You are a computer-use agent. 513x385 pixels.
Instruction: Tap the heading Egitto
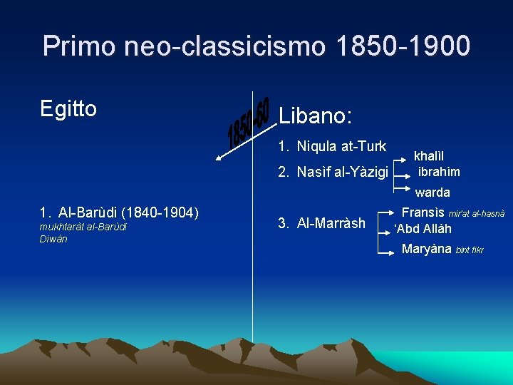(x=68, y=109)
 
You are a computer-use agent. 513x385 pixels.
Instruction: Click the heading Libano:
(x=316, y=115)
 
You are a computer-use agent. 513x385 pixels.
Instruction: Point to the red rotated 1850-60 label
(x=249, y=123)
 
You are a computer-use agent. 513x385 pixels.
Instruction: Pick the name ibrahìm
(x=439, y=172)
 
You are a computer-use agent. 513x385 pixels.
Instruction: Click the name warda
(x=432, y=192)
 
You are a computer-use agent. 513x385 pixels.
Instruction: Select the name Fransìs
(x=423, y=212)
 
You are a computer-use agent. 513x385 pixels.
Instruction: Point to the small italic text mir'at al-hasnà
(x=477, y=214)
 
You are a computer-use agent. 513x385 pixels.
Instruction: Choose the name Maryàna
(x=427, y=249)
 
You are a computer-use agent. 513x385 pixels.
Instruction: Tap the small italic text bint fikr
(x=470, y=250)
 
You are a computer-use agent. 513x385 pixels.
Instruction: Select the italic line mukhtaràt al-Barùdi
(x=83, y=227)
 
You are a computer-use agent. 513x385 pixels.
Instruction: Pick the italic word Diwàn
(x=53, y=239)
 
